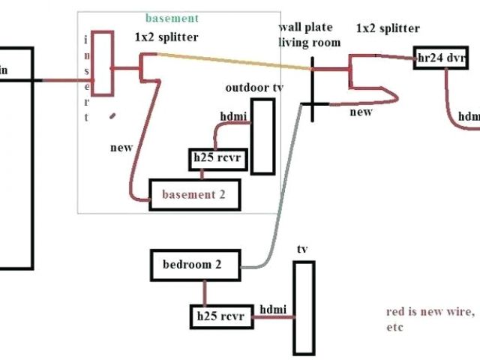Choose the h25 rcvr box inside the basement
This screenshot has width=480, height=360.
coord(217,159)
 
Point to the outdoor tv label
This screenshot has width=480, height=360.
coord(254,88)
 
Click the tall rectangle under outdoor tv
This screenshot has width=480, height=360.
coord(261,136)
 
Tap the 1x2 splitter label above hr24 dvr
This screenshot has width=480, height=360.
coord(387,28)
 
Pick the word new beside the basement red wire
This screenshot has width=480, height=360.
coord(121,148)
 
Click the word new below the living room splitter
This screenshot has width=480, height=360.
coord(361,112)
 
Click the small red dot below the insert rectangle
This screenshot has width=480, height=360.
coord(112,115)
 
